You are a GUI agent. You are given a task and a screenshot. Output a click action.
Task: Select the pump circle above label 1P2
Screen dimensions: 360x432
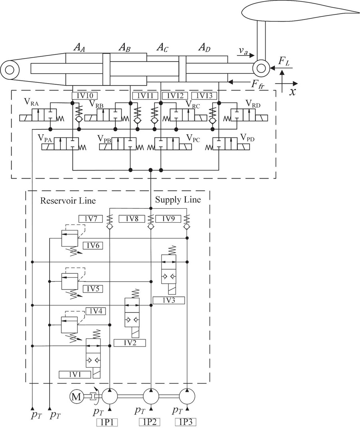[151, 396]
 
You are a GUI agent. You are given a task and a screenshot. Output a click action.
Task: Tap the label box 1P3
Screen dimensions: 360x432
[185, 422]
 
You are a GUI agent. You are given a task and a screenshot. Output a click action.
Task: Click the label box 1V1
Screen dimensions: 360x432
[74, 374]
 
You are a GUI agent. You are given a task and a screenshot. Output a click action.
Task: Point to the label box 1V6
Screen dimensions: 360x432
[93, 245]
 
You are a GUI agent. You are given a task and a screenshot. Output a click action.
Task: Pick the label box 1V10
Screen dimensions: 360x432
[84, 96]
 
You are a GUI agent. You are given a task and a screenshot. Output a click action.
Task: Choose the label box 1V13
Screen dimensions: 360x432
[204, 96]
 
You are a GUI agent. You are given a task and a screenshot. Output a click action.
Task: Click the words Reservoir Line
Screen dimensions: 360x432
[68, 200]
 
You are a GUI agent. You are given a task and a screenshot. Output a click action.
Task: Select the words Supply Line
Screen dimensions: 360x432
[178, 199]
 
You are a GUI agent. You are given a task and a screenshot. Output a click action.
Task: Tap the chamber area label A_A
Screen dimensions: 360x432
[80, 48]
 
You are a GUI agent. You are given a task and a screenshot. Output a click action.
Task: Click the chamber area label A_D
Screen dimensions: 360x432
[204, 48]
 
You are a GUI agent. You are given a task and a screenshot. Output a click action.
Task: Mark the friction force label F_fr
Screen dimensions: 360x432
[257, 84]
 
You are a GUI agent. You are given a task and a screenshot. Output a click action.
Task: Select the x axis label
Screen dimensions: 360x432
[292, 92]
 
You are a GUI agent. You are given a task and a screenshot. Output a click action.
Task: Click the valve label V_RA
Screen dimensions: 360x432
[31, 102]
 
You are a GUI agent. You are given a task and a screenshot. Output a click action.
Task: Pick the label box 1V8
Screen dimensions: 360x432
[132, 219]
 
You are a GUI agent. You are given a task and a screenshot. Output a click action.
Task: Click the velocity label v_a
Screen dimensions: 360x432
[243, 51]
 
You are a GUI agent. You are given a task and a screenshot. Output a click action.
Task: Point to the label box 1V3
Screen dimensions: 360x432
[168, 300]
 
